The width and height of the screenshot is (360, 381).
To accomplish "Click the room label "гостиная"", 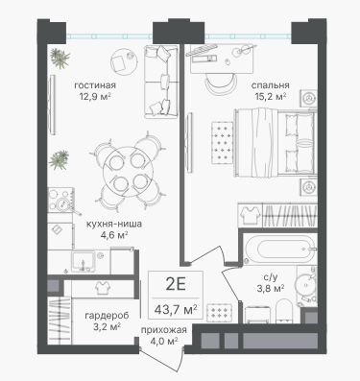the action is (x=95, y=85).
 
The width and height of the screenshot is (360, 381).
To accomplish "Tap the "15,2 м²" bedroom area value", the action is (x=271, y=96).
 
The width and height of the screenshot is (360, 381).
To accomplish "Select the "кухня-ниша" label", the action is (x=114, y=224).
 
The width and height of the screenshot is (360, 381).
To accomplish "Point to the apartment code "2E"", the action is (x=176, y=284).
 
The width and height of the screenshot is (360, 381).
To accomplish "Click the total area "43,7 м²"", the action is (x=176, y=309).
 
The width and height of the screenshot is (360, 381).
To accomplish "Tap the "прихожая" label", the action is (x=164, y=330).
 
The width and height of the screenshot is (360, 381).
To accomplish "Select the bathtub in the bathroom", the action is (x=279, y=250).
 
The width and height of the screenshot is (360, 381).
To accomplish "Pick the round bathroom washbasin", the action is (x=305, y=283).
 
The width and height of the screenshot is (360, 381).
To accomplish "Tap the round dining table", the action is (x=128, y=172).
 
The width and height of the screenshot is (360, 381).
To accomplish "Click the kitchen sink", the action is (x=83, y=261).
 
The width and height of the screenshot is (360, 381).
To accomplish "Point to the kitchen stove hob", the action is (x=60, y=200).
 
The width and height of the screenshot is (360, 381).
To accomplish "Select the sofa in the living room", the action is (x=160, y=82).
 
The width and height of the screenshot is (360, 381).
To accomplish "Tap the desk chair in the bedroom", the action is (x=221, y=83).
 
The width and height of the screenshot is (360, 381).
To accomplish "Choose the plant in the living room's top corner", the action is (x=60, y=59).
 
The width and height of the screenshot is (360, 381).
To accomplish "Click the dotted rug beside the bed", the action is (x=222, y=143).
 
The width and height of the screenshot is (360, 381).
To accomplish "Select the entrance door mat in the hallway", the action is (x=220, y=313).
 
